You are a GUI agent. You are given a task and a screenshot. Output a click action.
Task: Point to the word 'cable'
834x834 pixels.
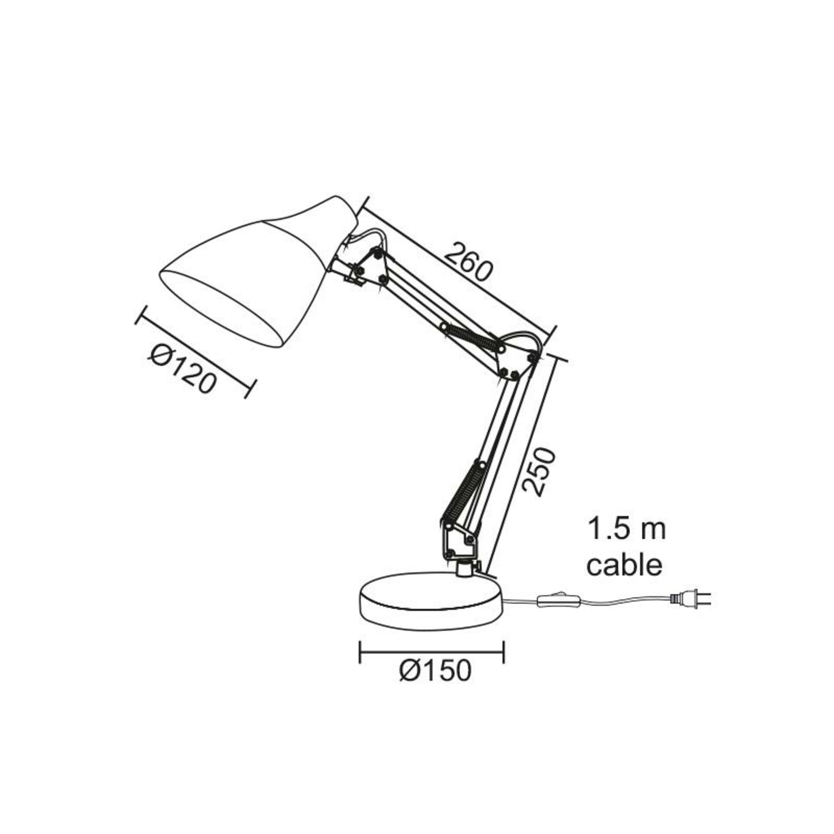point(625,565)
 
